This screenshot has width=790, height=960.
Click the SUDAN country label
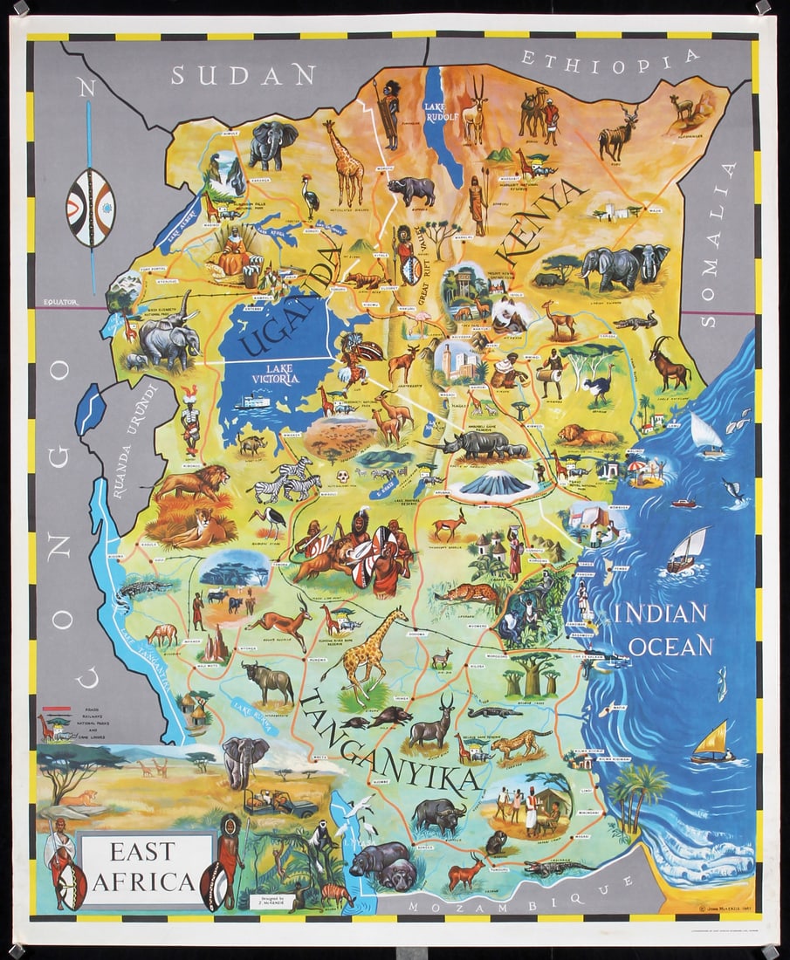pyautogui.click(x=243, y=75)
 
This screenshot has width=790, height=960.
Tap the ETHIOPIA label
pyautogui.click(x=610, y=58)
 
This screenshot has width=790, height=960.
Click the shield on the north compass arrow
pyautogui.click(x=90, y=208)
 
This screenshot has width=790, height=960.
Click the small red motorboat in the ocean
pyautogui.click(x=684, y=503)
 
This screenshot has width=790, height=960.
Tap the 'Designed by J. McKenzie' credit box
pyautogui.click(x=269, y=901)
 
